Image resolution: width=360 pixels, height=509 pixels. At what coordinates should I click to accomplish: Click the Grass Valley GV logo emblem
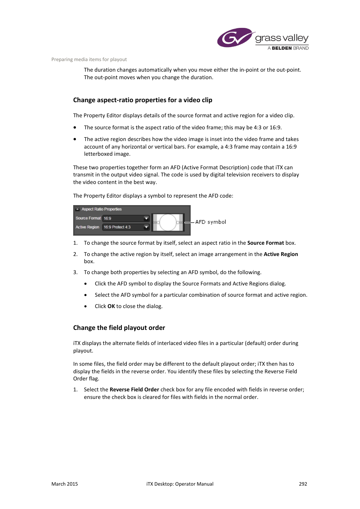point(234,38)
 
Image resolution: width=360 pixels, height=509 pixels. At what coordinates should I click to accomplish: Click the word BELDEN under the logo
point(282,48)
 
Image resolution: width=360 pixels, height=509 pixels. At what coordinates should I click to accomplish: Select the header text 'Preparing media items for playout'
point(89,60)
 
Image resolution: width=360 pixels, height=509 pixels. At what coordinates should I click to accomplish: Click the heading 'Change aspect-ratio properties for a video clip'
point(143,100)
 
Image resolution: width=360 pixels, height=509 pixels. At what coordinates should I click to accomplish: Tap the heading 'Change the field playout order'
point(119,328)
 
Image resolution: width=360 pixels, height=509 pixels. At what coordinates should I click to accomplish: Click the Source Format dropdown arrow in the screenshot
point(146,218)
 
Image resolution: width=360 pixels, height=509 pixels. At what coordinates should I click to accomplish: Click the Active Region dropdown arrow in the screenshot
point(146,227)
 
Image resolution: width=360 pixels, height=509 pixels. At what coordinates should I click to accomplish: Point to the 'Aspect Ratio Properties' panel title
point(102,209)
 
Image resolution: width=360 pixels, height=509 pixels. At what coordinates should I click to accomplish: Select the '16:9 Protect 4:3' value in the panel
point(117,227)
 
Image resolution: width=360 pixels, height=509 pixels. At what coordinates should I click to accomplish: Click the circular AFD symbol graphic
point(168,222)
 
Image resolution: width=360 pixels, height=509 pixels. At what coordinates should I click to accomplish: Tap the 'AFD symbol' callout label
point(211,222)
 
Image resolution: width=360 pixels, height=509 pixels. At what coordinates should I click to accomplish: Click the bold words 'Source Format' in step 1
point(266,243)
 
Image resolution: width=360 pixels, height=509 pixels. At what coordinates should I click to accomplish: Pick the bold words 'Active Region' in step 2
point(281,254)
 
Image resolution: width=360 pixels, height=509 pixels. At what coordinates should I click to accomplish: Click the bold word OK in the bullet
point(111,306)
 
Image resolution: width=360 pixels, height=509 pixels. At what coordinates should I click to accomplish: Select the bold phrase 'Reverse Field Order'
point(134,389)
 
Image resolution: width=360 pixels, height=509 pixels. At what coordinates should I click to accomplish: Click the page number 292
point(303,484)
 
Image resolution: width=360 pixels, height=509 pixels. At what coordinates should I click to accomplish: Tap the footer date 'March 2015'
point(65,484)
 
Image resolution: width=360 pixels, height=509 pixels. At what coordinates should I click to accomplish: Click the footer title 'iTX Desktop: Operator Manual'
point(180,484)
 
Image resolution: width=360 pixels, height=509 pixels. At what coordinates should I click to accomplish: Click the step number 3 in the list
point(75,272)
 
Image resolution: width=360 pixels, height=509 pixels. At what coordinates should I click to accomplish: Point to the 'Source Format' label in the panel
point(88,218)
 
